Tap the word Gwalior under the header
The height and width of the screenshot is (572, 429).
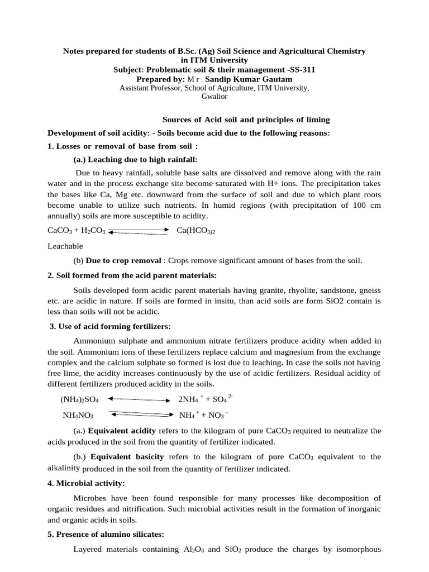214,96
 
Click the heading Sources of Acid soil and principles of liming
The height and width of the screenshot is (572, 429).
246,120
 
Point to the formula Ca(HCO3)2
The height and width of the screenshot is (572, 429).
196,231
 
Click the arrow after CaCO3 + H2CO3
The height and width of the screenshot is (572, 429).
138,231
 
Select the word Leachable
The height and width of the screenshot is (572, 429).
65,246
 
